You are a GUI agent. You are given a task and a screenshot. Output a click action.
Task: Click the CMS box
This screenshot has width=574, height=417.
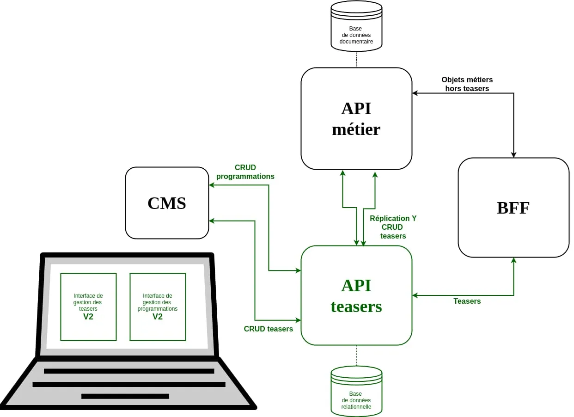[167, 203]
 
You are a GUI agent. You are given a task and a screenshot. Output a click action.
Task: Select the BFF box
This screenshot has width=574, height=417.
[513, 208]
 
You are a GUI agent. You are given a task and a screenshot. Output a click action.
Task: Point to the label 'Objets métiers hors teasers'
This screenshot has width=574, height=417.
[467, 84]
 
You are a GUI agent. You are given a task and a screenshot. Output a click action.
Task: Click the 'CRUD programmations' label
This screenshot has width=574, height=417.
[245, 172]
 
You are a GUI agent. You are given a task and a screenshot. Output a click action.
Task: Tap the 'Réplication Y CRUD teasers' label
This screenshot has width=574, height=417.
[393, 227]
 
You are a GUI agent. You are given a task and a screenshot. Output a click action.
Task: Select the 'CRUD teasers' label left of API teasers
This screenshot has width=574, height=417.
[268, 329]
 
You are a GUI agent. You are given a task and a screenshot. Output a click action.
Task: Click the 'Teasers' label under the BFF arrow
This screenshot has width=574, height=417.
[467, 301]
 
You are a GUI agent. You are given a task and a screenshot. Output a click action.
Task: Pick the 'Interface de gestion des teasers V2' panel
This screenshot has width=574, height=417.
[88, 307]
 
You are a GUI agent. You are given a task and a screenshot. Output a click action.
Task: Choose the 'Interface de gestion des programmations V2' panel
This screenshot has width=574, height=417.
[158, 307]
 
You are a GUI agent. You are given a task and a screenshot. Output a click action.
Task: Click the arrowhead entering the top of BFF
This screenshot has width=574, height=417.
[513, 155]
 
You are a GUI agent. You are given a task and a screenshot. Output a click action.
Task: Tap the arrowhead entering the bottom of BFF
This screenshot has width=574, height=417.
[513, 260]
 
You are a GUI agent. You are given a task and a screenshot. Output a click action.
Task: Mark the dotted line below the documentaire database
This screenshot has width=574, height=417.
[356, 59]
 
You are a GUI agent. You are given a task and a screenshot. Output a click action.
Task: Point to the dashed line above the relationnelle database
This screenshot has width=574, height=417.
[356, 356]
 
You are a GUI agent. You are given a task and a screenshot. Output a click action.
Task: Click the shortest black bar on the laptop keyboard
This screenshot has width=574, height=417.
[125, 396]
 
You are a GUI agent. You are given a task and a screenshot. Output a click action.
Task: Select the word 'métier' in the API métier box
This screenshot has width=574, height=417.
[356, 129]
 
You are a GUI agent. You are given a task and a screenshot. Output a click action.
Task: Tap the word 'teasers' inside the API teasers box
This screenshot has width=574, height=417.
[356, 307]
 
